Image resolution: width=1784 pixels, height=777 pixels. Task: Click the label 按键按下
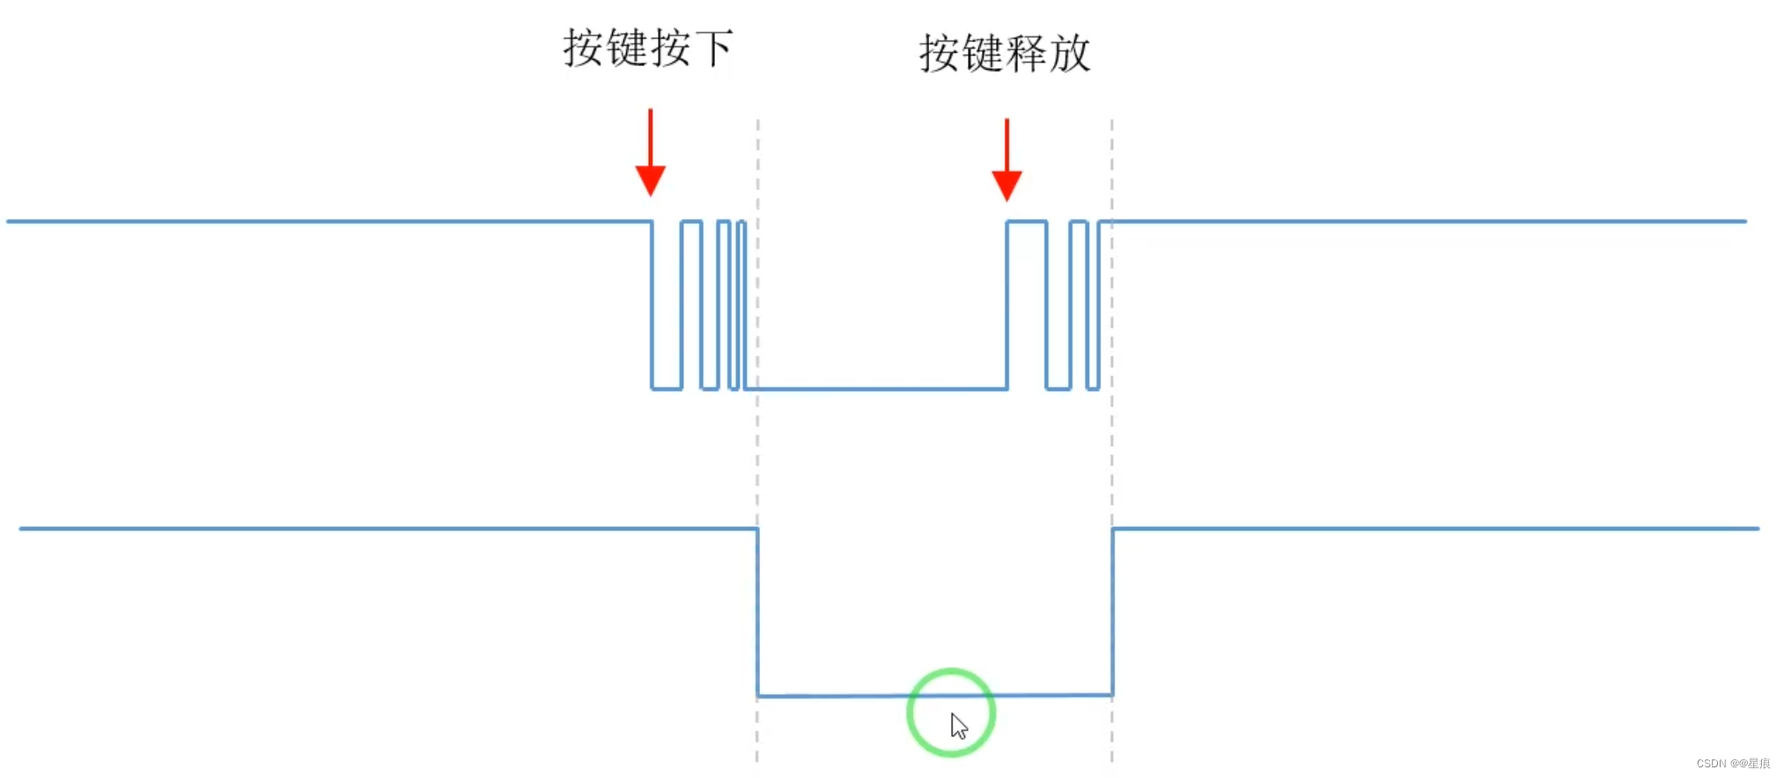(647, 48)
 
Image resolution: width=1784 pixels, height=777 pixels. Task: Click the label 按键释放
(1005, 54)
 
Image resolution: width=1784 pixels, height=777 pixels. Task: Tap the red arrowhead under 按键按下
(651, 180)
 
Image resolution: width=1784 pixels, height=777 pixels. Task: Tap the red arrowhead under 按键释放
(1006, 185)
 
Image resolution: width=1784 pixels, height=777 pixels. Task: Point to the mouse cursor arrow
(958, 726)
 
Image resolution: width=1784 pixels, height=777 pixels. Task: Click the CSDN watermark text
(1732, 763)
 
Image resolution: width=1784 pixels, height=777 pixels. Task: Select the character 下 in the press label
(714, 48)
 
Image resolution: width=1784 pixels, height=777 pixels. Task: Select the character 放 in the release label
(1070, 54)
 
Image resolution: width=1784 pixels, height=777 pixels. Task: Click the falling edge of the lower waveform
(758, 612)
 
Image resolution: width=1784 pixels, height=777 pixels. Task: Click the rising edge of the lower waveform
(1113, 612)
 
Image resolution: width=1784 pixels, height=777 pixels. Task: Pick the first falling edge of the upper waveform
(652, 304)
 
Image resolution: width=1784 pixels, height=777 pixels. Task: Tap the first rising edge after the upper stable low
(1007, 304)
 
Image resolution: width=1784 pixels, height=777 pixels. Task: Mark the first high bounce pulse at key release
(1027, 223)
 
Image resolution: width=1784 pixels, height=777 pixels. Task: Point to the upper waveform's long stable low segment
(881, 388)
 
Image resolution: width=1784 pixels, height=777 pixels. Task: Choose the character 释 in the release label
(1027, 54)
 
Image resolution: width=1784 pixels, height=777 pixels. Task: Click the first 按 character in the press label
(583, 48)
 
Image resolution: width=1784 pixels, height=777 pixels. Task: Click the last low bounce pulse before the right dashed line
(1093, 387)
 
